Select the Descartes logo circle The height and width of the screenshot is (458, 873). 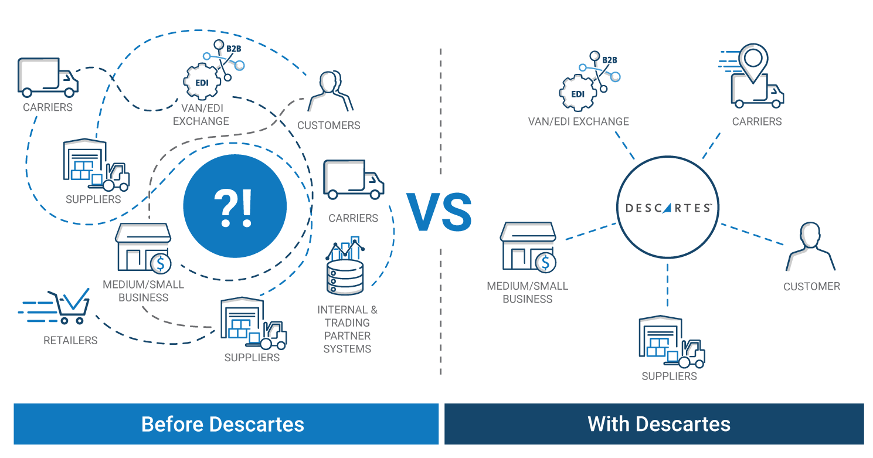tap(668, 208)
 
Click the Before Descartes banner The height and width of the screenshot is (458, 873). tap(226, 423)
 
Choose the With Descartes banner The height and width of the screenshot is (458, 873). tap(654, 423)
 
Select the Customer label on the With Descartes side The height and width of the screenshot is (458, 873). tap(811, 286)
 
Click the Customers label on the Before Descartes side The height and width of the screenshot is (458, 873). tap(328, 125)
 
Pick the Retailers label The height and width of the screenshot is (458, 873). tap(70, 340)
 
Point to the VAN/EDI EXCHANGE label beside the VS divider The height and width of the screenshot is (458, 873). tap(578, 121)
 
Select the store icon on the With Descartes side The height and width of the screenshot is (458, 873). tap(527, 246)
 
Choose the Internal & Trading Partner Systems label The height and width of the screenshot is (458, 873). tap(347, 329)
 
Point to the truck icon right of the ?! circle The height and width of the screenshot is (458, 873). tap(353, 179)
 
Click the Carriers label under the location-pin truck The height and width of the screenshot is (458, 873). tap(756, 121)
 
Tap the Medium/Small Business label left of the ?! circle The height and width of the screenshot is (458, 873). tap(143, 291)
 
